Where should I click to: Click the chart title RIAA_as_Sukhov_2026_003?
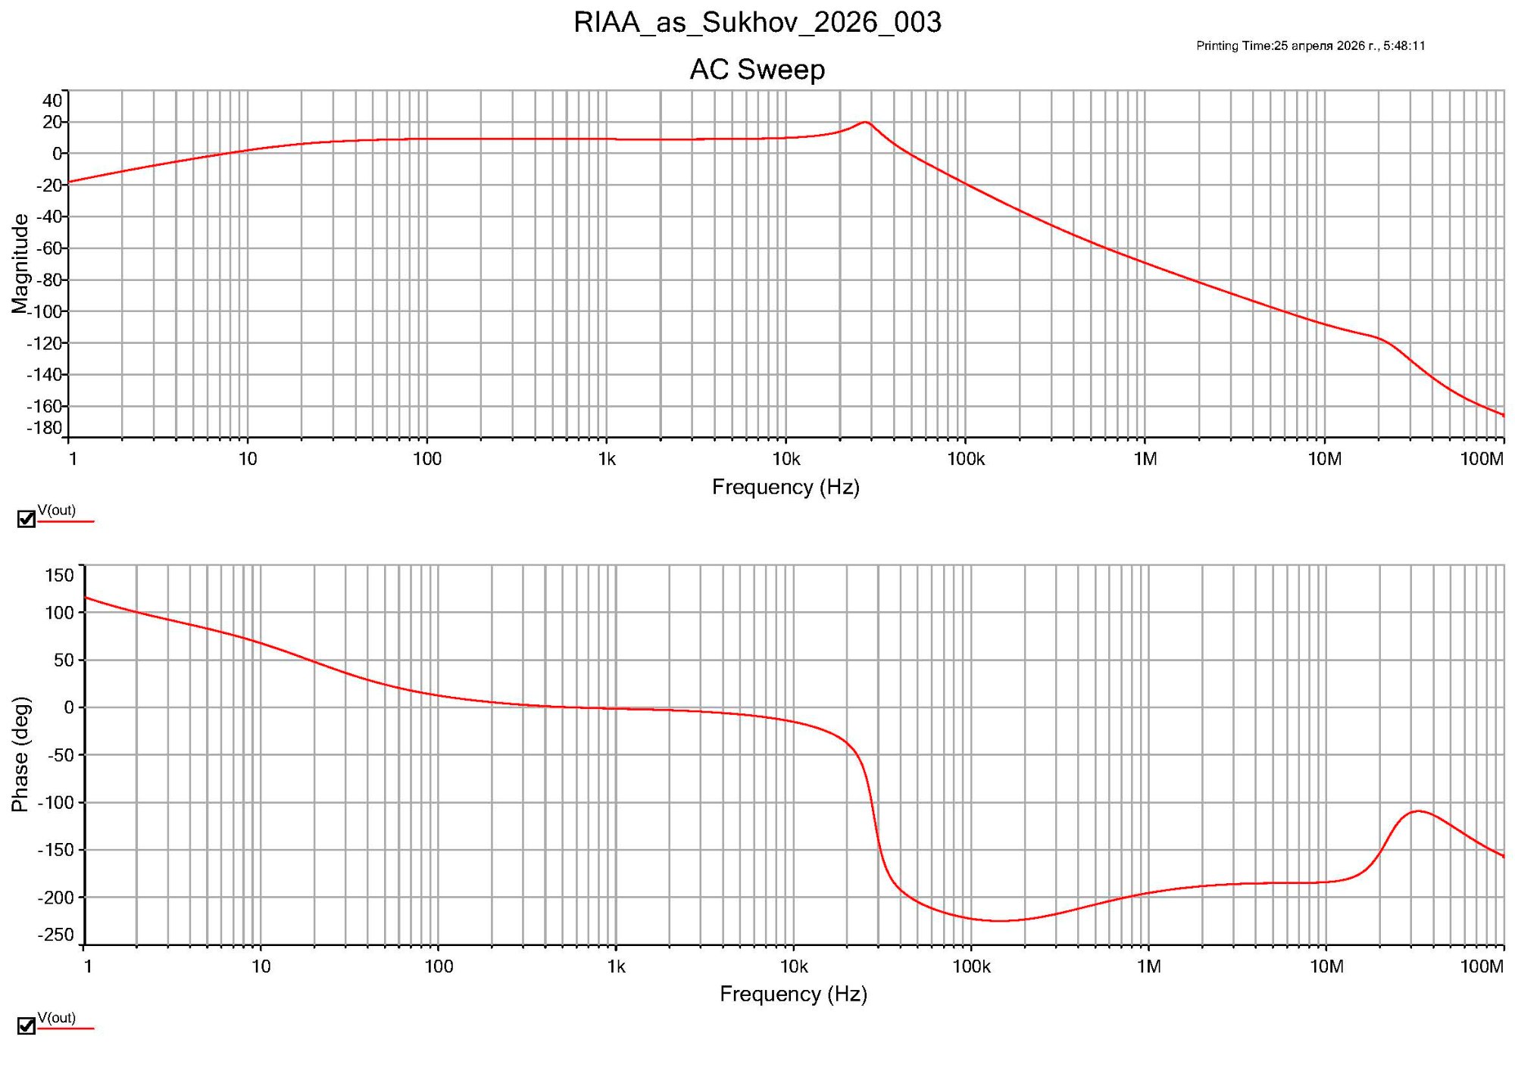click(757, 23)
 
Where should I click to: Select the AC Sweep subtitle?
click(757, 70)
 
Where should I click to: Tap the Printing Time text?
click(1310, 46)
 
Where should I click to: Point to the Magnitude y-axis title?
click(20, 263)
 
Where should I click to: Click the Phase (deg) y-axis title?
click(20, 754)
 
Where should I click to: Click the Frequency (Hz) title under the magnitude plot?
click(786, 487)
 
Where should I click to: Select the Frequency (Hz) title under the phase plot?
click(793, 994)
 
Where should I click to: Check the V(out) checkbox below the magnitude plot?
click(27, 519)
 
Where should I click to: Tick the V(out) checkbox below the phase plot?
click(27, 1026)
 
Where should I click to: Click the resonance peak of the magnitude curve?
click(865, 122)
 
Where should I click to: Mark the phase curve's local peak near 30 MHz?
click(1418, 811)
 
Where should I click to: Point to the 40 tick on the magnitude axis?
click(52, 101)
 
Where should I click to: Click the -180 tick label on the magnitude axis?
click(45, 428)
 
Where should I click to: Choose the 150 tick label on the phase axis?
click(60, 576)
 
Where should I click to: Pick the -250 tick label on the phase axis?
click(56, 935)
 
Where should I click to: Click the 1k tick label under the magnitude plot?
click(607, 459)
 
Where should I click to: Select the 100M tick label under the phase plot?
click(1482, 966)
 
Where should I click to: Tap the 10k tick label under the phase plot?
click(794, 966)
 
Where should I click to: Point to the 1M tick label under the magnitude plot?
click(1145, 459)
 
